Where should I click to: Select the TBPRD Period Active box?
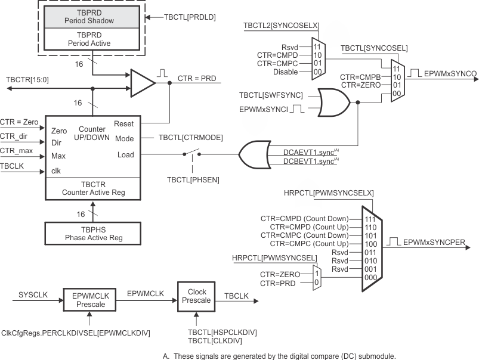pos(92,39)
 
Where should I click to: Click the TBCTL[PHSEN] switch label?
pos(191,178)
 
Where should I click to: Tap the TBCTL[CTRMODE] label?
pos(191,137)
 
